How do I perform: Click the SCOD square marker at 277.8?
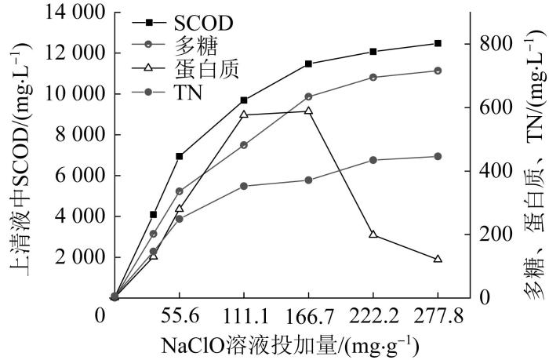(x=438, y=43)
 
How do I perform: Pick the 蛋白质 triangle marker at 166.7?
(x=308, y=111)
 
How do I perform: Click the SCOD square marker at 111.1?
(x=244, y=100)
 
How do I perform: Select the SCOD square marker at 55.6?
(x=180, y=156)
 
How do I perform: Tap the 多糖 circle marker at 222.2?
(x=373, y=77)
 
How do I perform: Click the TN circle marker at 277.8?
(x=438, y=156)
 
